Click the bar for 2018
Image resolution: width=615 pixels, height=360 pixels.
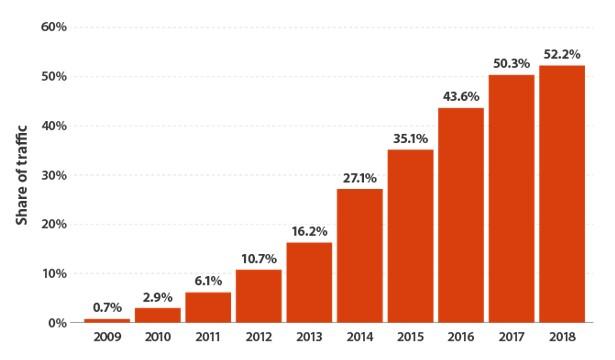(x=561, y=194)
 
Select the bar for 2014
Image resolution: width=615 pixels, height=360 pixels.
(x=359, y=255)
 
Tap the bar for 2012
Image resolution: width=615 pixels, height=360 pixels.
(x=258, y=296)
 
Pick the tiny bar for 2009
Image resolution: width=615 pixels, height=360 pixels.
(x=107, y=320)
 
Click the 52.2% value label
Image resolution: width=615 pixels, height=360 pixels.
(x=561, y=54)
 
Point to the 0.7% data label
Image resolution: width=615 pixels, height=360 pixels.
(x=107, y=307)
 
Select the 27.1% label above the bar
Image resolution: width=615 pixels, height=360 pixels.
(x=359, y=177)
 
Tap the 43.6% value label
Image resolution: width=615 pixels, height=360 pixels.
(x=460, y=96)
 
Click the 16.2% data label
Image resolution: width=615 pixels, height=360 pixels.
(x=309, y=231)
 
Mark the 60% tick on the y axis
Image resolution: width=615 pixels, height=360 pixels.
(x=53, y=27)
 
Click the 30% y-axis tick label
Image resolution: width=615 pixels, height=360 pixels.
(x=53, y=175)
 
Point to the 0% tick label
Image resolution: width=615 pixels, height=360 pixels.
(x=57, y=323)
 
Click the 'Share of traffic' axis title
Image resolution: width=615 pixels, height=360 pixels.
(x=21, y=175)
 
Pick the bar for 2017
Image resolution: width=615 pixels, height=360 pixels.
(x=511, y=198)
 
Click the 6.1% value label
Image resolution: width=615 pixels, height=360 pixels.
(x=208, y=281)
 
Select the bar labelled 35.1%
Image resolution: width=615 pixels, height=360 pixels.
(x=410, y=236)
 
